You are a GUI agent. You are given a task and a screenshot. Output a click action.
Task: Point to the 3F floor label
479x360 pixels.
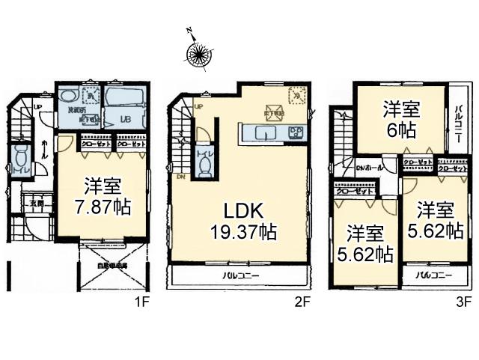tap(465, 302)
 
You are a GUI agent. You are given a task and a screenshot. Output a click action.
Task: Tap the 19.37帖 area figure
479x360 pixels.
tap(237, 232)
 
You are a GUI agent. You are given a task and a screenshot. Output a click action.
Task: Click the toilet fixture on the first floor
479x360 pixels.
tap(20, 159)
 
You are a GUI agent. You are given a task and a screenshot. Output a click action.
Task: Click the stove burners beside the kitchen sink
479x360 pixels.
tap(295, 132)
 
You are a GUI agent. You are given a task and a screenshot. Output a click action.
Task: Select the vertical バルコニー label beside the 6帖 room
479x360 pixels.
tap(458, 124)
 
